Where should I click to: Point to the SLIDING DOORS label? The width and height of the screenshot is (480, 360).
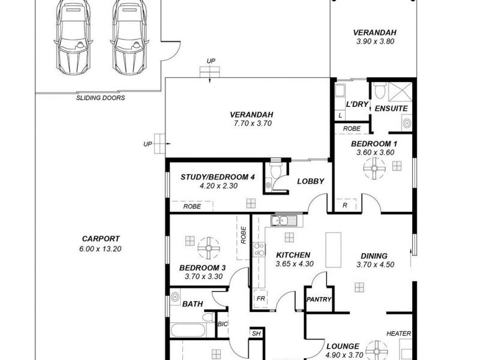100,98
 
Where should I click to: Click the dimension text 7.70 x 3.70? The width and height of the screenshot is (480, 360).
251,124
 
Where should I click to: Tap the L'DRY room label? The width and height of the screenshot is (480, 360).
358,104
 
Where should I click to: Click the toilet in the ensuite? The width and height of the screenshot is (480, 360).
379,91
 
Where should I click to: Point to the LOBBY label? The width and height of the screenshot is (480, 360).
310,181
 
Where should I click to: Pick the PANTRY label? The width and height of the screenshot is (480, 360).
318,299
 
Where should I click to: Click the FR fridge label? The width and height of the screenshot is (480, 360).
261,298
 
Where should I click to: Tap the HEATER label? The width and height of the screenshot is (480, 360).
398,333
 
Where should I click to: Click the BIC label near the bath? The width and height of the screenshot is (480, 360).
221,325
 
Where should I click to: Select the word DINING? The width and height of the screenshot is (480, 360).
374,255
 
